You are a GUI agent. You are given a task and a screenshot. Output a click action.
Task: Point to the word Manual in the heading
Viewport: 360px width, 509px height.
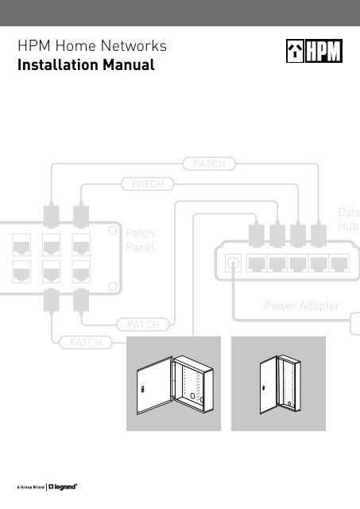127,65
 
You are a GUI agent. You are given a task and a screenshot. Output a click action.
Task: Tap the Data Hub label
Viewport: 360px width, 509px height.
348,220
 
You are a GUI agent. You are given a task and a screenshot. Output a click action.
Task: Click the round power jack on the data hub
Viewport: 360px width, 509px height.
232,263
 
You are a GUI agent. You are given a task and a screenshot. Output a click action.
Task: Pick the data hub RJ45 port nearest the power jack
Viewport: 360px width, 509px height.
257,263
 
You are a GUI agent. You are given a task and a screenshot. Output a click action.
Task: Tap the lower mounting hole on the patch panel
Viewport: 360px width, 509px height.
114,286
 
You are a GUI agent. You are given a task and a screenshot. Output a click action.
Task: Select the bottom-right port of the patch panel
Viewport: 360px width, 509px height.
82,273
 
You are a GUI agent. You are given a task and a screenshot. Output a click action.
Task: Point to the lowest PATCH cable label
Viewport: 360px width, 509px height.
85,343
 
